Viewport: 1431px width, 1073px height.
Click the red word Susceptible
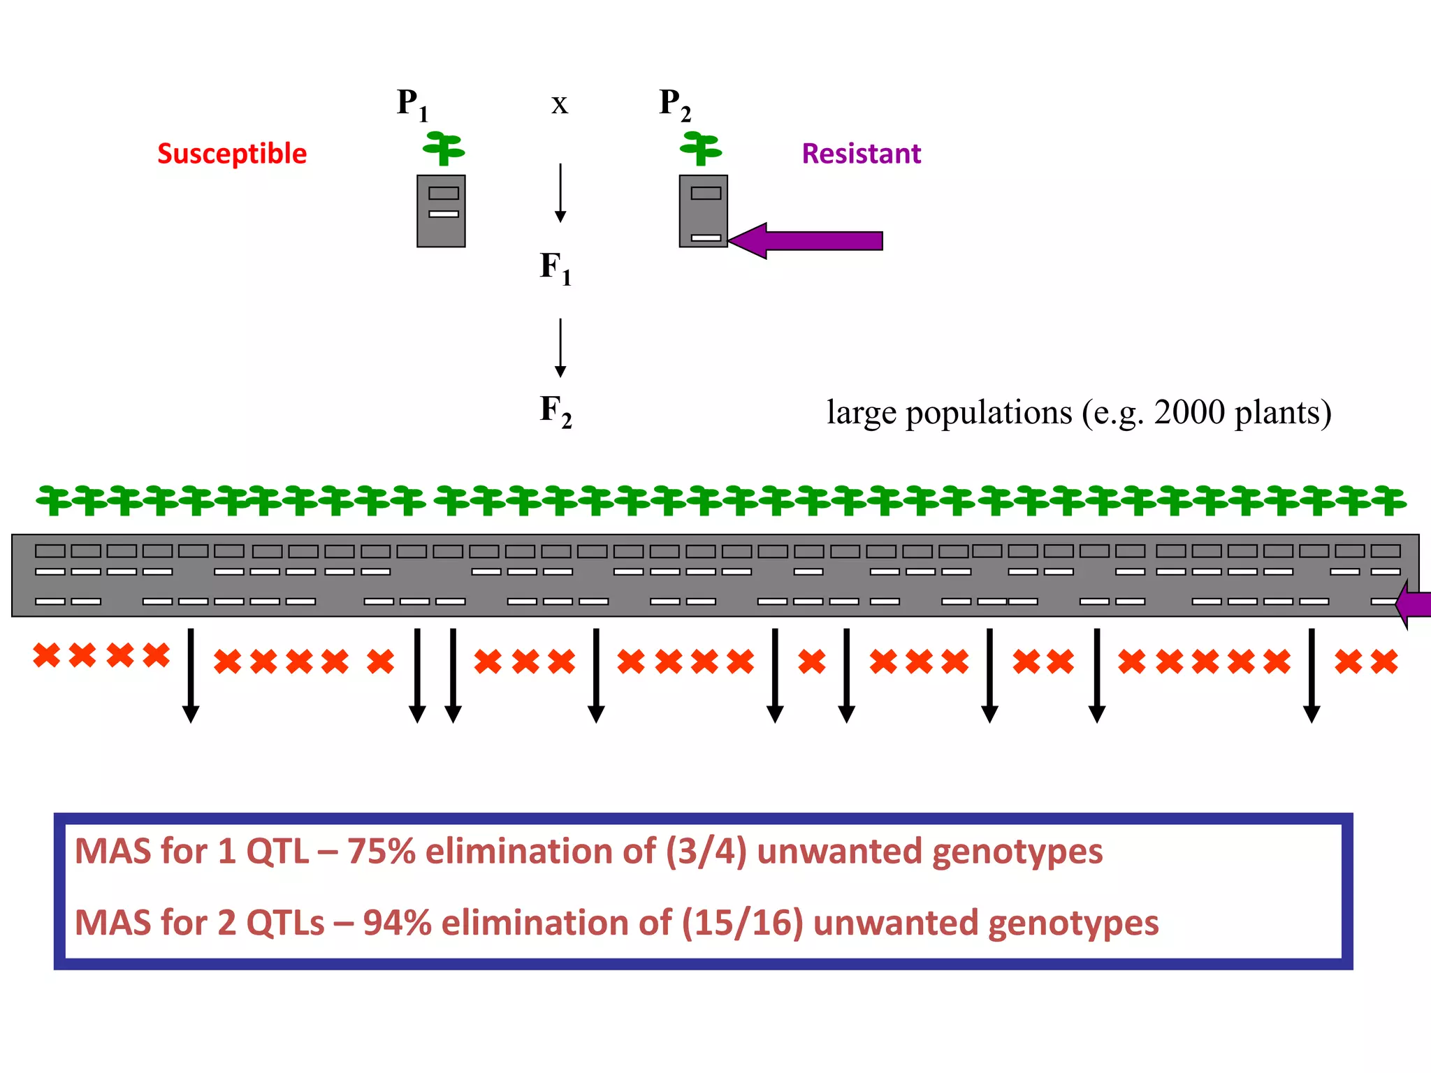(x=232, y=154)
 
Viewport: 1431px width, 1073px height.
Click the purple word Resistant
(x=861, y=154)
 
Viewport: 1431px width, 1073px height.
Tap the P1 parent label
(x=412, y=105)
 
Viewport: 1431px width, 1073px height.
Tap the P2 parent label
(x=675, y=105)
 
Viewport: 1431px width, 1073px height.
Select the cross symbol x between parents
(x=560, y=105)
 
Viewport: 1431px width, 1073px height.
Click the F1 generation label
(x=555, y=268)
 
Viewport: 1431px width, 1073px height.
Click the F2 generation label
(x=555, y=410)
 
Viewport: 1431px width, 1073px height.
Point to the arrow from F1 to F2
(x=560, y=347)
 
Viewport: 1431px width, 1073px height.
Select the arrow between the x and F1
(x=560, y=193)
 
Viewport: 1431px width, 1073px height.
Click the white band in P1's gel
(x=444, y=214)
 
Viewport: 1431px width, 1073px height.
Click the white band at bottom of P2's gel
(x=706, y=238)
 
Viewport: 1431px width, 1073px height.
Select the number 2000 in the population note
(x=1189, y=412)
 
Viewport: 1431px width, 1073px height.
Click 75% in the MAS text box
(x=382, y=852)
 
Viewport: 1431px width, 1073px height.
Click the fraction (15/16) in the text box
(x=742, y=923)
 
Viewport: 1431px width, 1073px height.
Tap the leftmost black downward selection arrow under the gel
(x=191, y=675)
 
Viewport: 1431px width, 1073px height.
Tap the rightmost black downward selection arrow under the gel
(x=1312, y=675)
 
